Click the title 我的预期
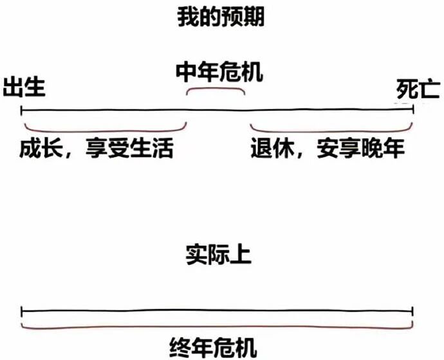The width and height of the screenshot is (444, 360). (221, 17)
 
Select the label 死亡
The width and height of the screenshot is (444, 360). (418, 89)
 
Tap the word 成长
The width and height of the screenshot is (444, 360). (40, 149)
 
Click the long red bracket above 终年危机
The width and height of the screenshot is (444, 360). (216, 327)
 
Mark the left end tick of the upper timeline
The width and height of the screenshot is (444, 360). (22, 110)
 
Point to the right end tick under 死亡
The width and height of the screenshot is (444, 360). (412, 110)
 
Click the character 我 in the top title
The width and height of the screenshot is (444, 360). (188, 17)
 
